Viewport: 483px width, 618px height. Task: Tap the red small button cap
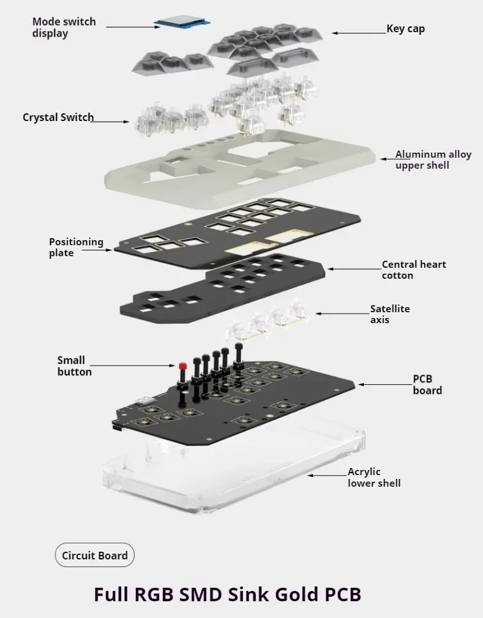pos(182,366)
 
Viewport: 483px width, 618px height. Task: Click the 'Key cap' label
pos(406,29)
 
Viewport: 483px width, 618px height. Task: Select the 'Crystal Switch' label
pos(58,117)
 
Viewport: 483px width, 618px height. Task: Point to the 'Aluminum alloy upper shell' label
pos(433,160)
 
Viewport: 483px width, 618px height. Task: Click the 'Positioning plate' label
pos(76,247)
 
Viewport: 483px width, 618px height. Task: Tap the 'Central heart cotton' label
pos(413,270)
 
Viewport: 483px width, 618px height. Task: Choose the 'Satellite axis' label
pos(390,314)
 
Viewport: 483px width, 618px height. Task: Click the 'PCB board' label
pos(428,384)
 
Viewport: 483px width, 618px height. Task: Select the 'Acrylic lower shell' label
pos(374,477)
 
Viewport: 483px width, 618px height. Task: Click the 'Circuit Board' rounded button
pos(95,556)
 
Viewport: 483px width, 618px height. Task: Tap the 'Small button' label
pos(74,366)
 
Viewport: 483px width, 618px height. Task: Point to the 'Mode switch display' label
pos(64,27)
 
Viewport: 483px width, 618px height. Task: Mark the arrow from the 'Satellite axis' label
pos(341,314)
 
